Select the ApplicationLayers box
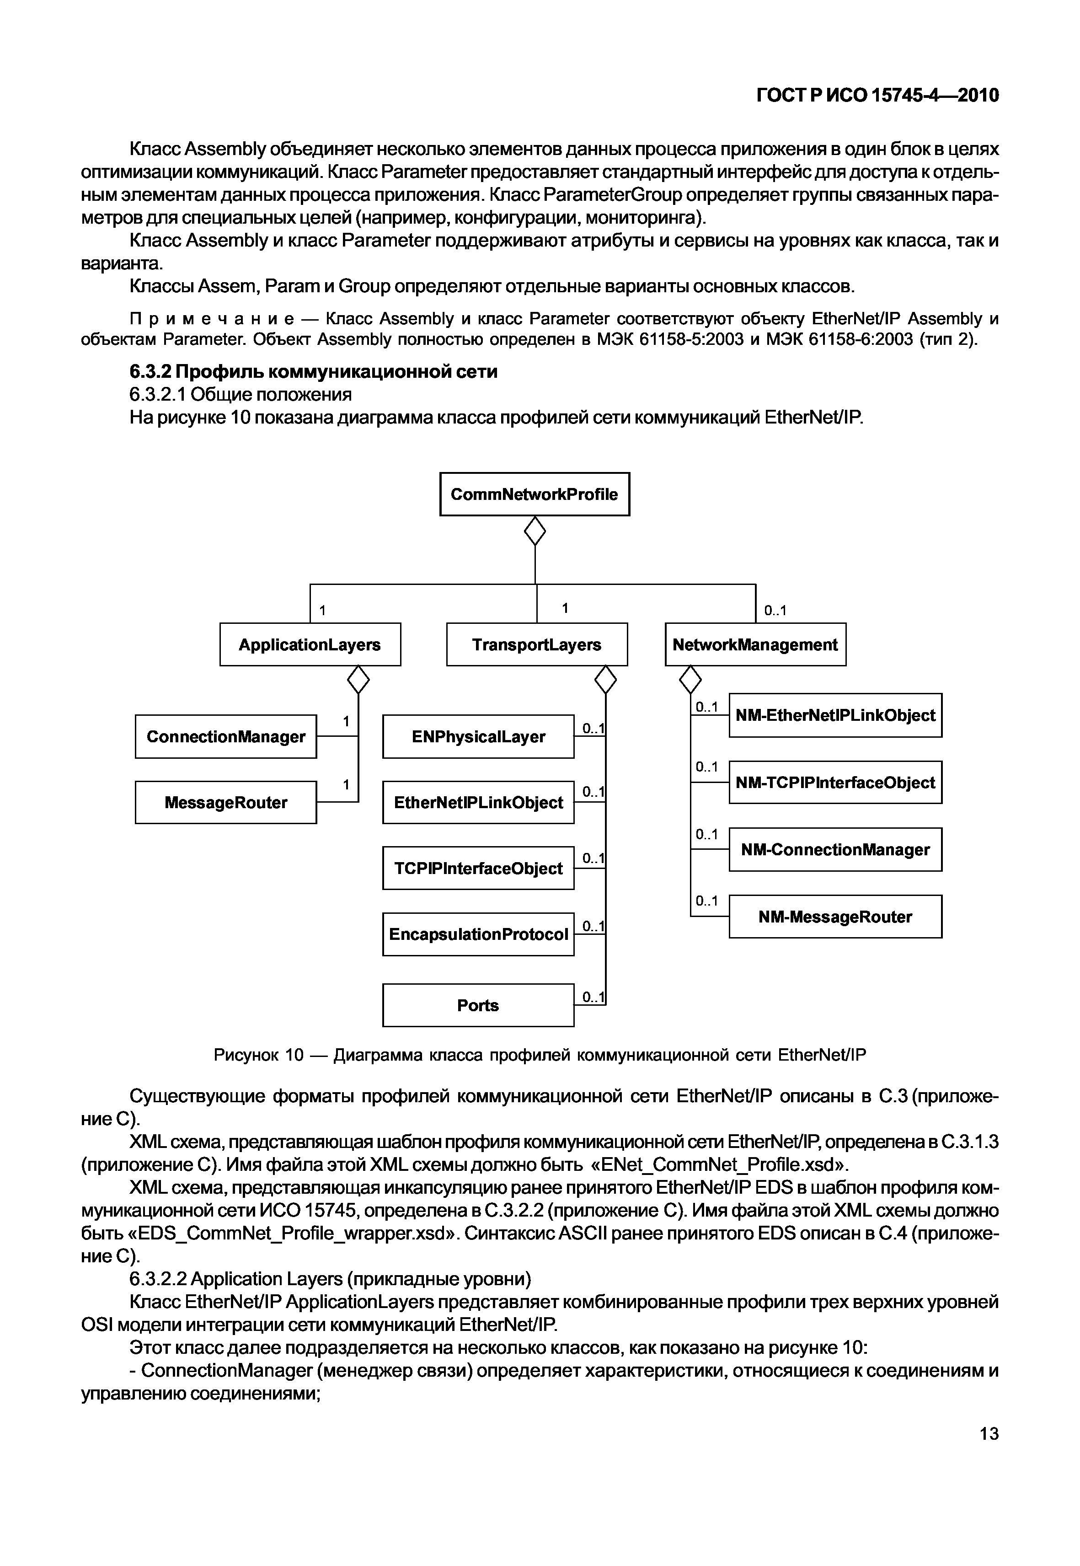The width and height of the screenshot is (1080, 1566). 310,644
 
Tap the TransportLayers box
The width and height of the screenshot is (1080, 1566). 537,644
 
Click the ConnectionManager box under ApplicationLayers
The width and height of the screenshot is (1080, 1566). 225,736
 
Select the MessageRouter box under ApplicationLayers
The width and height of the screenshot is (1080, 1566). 225,803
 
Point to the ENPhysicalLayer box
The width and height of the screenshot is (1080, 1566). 478,736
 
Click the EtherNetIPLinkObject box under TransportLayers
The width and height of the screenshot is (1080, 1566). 478,803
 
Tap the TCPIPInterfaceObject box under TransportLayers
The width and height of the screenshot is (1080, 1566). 478,868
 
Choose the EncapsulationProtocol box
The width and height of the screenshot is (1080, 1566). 478,934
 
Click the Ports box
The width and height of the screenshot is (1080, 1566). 478,1006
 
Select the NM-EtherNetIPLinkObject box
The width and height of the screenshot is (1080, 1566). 835,715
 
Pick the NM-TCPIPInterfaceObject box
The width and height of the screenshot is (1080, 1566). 835,783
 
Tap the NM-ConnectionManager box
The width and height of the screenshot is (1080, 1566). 835,849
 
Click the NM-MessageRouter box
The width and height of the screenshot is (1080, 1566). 835,917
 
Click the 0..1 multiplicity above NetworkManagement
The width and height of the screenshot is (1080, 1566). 775,611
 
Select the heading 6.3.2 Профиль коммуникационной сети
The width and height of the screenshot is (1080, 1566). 313,371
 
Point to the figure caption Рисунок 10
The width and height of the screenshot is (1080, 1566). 540,1055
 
